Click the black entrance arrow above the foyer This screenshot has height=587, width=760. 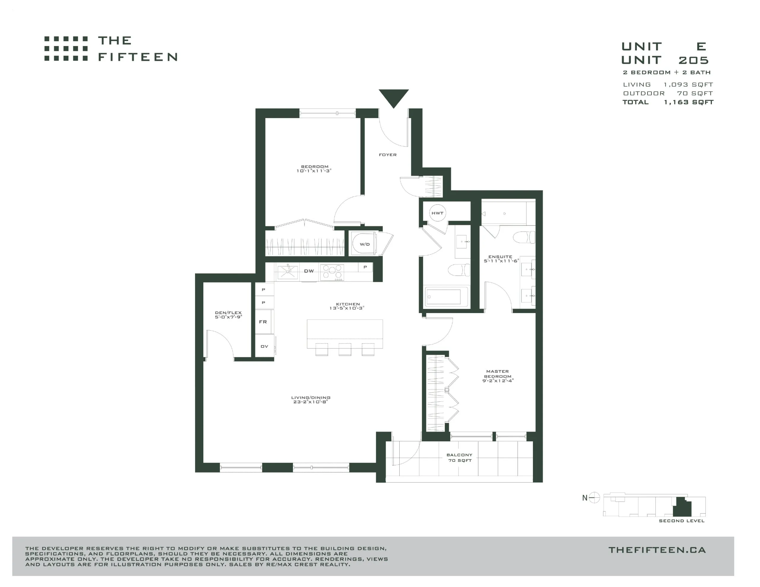pos(394,97)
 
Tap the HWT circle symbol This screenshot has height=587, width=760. pos(437,213)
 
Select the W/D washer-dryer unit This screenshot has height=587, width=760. pos(364,244)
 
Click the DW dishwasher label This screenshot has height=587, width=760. pos(309,271)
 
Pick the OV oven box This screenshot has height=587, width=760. pos(265,347)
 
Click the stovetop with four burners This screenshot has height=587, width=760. pos(332,272)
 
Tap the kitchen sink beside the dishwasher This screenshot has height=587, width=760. pos(287,272)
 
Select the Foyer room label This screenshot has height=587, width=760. pos(388,155)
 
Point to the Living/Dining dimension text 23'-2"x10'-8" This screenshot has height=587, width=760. pos(311,402)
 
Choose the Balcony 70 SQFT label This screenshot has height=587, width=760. pos(460,458)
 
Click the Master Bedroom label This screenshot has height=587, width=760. pos(498,374)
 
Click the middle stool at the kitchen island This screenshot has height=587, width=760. pos(345,349)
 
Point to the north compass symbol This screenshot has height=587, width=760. pos(594,498)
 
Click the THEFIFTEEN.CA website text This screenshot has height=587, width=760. pos(657,550)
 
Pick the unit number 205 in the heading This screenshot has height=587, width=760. pos(693,60)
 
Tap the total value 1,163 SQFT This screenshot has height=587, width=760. pos(689,102)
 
